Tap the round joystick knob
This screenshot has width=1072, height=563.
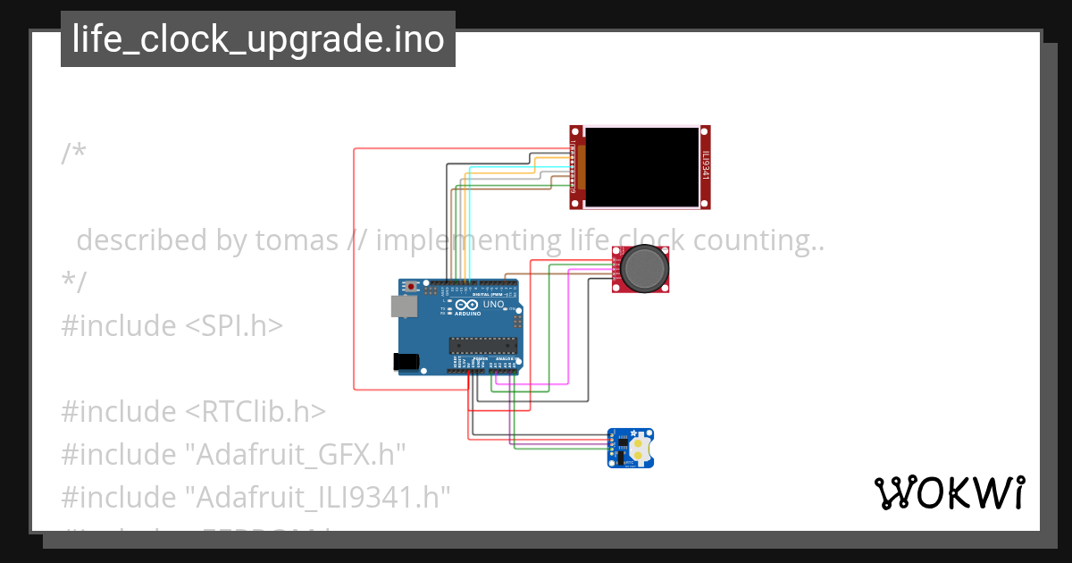(643, 267)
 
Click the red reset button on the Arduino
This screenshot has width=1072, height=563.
(412, 287)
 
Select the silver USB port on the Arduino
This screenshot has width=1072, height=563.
(404, 307)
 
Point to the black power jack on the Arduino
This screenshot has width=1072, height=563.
(406, 361)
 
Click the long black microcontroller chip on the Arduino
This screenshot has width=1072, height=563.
(482, 346)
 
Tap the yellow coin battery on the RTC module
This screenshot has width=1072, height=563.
(641, 447)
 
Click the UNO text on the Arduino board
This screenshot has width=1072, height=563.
(494, 305)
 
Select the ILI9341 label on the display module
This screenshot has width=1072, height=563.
(705, 164)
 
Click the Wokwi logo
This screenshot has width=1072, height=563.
(949, 492)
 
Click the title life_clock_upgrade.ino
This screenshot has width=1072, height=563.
(258, 39)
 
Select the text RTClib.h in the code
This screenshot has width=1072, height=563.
(255, 411)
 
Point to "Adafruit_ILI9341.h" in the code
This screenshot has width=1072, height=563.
(317, 497)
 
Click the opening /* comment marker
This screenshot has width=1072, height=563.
(73, 154)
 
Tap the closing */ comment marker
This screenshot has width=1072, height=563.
(73, 282)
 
